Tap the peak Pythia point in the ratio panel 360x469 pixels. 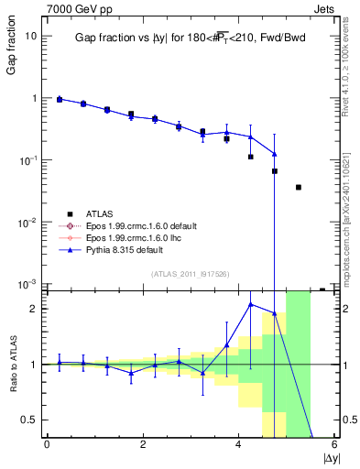tap(251, 304)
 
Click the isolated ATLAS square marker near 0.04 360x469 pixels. tap(299, 187)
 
